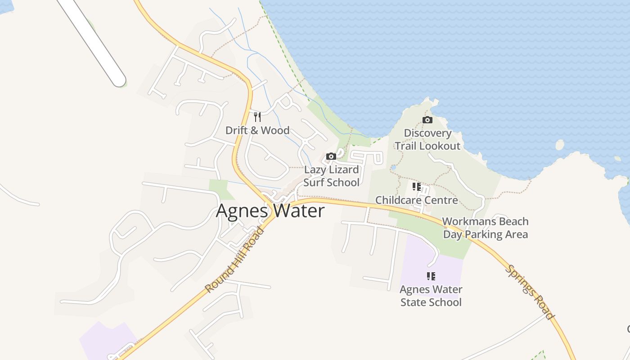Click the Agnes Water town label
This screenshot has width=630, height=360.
coord(270,211)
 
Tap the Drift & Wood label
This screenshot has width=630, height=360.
coord(257,130)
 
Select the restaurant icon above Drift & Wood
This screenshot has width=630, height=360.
coord(257,117)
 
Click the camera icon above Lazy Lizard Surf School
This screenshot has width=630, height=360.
coord(331,157)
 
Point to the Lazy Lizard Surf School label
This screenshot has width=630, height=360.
coord(331,176)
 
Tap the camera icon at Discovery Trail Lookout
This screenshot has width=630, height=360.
coord(427,120)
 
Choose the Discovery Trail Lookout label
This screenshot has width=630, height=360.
coord(427,139)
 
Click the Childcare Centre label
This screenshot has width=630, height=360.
coord(416,200)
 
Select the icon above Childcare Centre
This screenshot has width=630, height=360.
coord(416,186)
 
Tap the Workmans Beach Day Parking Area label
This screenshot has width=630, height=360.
coord(485,228)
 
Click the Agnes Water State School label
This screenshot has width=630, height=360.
coord(431,296)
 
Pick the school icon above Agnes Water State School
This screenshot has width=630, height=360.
coord(431,276)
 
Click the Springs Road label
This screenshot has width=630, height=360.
coord(529,292)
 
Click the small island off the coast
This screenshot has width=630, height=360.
coord(559,145)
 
